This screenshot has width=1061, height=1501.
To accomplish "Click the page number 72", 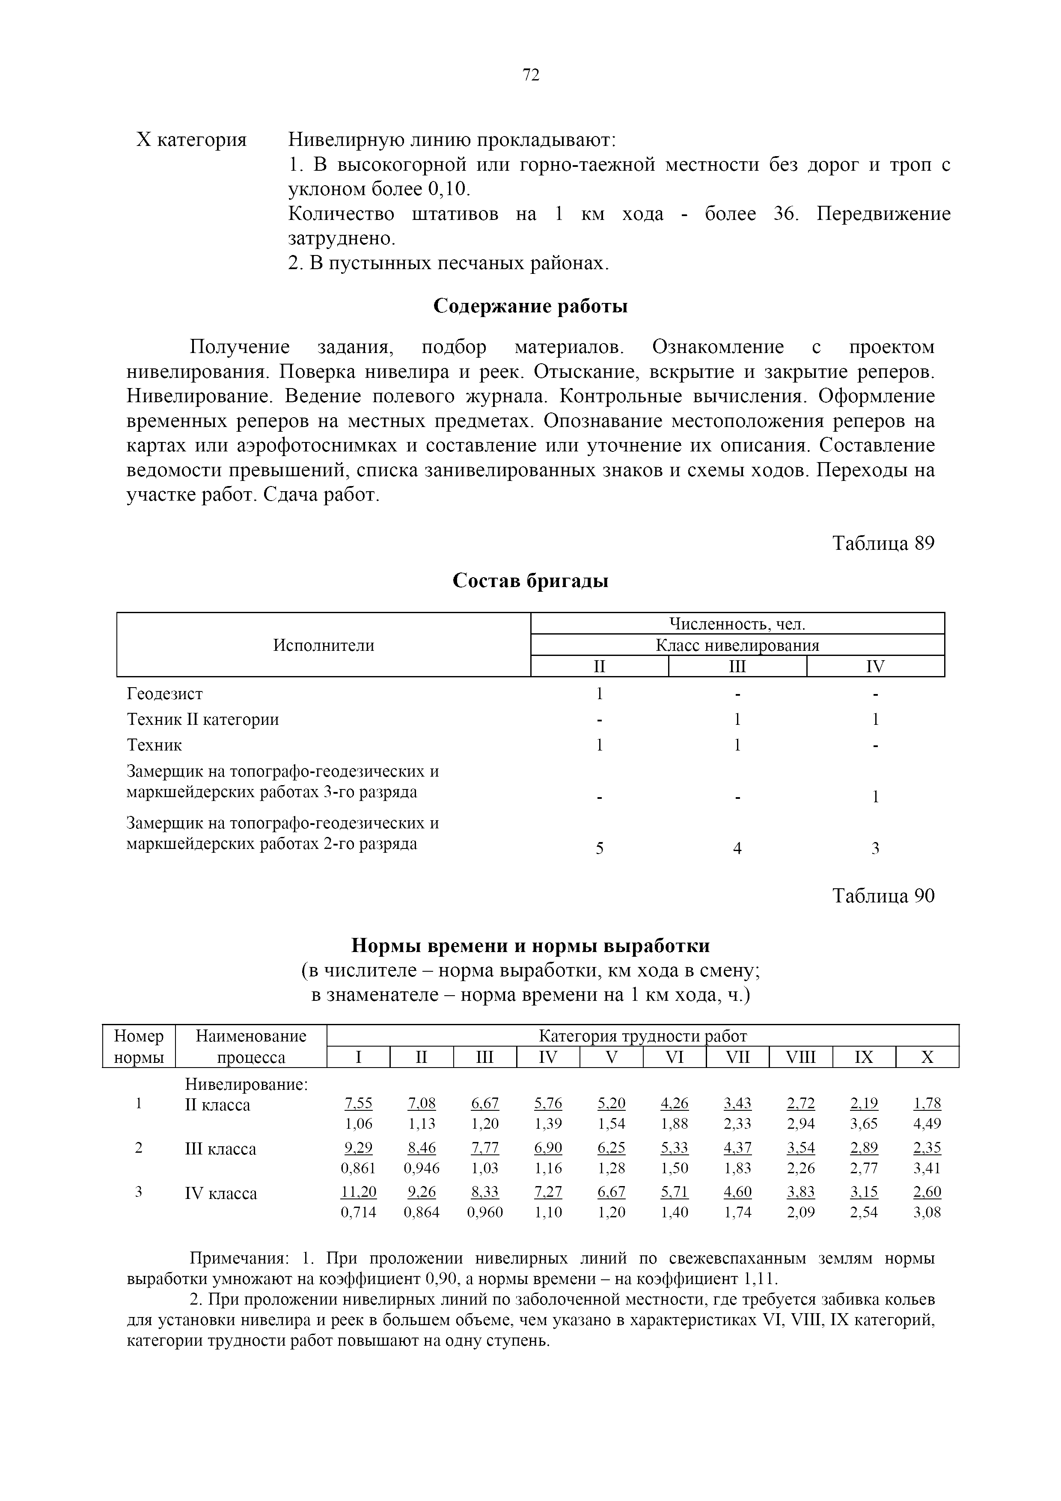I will (x=531, y=75).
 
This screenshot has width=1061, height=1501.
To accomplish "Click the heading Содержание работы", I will (x=530, y=306).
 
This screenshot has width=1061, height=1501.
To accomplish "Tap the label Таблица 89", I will (x=883, y=543).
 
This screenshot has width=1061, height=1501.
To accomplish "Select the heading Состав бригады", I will (x=530, y=581).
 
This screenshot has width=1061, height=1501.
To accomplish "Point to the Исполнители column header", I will (x=324, y=645).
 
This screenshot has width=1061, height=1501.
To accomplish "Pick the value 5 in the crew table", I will (x=600, y=848).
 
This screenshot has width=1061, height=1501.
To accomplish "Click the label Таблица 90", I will (x=883, y=896).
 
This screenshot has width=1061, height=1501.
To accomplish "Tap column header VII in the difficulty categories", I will (x=737, y=1057).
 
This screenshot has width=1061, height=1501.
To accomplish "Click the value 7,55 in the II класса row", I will (x=358, y=1104).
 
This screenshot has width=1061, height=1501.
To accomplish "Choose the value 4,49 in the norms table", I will (x=927, y=1124).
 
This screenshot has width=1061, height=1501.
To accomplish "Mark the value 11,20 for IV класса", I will (x=358, y=1192).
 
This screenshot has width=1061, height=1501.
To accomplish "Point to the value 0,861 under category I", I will (x=358, y=1168).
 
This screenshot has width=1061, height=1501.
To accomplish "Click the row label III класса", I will (x=221, y=1148).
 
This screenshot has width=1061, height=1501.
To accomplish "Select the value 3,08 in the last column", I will (x=927, y=1212).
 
